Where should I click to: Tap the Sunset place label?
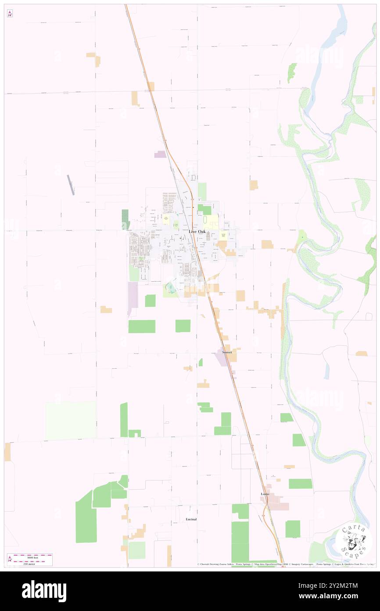click(227, 352)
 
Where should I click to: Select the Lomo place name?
click(265, 494)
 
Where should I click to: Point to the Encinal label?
click(190, 519)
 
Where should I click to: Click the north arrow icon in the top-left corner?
click(10, 14)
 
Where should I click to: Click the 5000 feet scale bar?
click(32, 555)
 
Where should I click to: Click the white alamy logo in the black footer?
click(44, 591)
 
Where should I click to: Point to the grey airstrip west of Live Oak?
click(71, 185)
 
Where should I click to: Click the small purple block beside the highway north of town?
click(160, 154)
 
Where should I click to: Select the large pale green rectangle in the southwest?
click(71, 420)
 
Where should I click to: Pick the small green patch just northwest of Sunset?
click(201, 362)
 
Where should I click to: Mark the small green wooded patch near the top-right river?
click(292, 72)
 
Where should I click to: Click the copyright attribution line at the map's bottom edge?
click(285, 564)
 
